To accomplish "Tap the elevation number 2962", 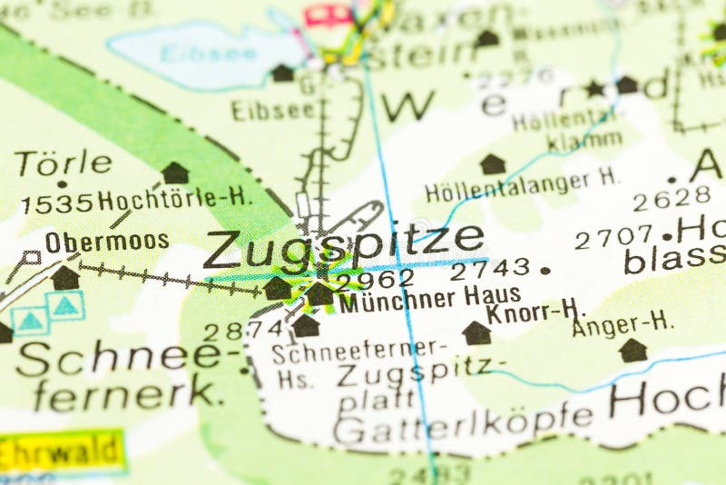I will (375, 279).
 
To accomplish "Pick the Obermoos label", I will (107, 242).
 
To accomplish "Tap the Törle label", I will (63, 163).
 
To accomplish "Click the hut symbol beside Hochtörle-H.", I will (175, 173).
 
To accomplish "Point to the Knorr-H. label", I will (535, 312).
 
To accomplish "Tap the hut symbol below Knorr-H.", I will (476, 332).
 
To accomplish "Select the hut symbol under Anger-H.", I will (633, 350).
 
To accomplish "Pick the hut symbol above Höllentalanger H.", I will (493, 163).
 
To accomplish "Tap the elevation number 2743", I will (490, 269).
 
